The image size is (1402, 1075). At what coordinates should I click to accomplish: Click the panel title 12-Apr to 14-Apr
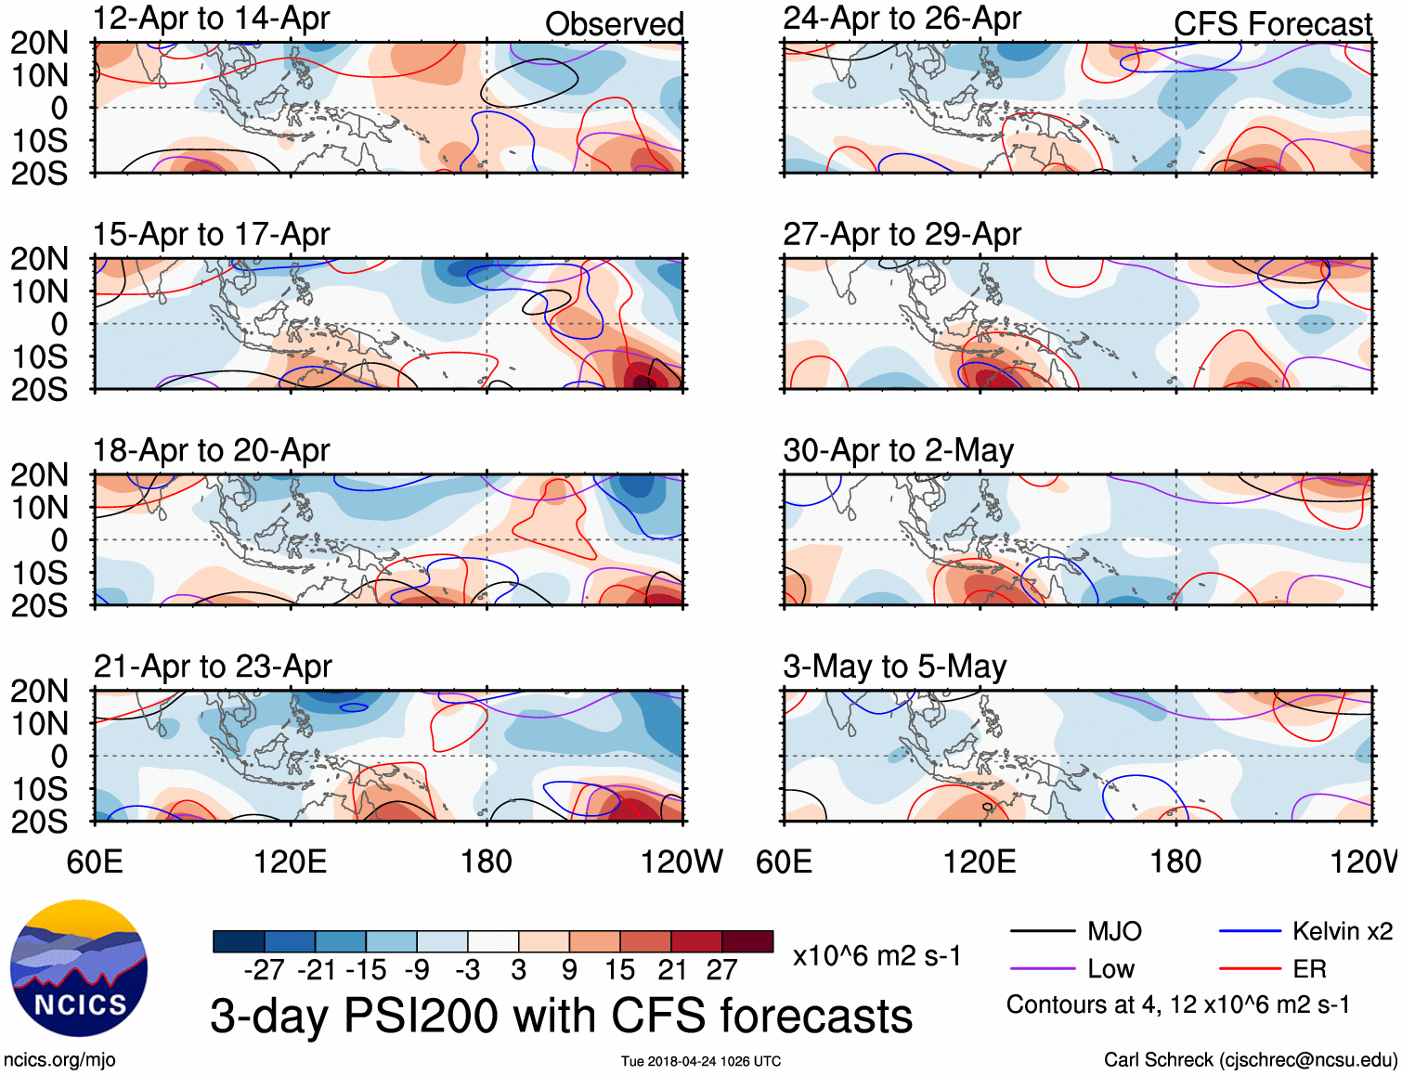tap(211, 19)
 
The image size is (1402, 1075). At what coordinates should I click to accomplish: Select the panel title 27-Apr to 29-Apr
tap(902, 235)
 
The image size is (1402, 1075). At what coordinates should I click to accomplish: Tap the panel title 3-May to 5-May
tap(894, 667)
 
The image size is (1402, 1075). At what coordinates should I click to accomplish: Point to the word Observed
tap(614, 24)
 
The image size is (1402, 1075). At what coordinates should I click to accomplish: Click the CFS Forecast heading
tap(1272, 24)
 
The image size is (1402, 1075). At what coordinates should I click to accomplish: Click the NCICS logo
tap(79, 968)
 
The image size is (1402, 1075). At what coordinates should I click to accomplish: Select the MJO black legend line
tap(1042, 931)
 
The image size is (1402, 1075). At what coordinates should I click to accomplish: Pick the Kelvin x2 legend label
tap(1342, 931)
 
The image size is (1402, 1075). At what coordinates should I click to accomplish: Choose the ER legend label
tap(1309, 969)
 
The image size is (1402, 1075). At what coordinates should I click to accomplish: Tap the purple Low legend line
tap(1042, 969)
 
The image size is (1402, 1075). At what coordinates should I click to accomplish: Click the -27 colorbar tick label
tap(264, 970)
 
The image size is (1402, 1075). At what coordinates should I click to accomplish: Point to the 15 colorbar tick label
tap(619, 970)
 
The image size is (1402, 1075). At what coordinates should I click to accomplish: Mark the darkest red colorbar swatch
tap(747, 941)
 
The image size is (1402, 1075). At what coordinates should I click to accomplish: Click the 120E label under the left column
tap(290, 861)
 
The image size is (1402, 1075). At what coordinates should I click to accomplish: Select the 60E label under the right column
tap(784, 861)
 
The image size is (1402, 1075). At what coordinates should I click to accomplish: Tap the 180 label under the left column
tap(487, 861)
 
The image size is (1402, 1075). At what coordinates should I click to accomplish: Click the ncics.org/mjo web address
tap(59, 1060)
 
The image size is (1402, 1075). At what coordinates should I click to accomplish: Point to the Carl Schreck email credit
tap(1250, 1060)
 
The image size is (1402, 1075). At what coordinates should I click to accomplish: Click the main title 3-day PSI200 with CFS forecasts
tap(561, 1016)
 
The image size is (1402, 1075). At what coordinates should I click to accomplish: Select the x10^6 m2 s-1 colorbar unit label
tap(876, 956)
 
